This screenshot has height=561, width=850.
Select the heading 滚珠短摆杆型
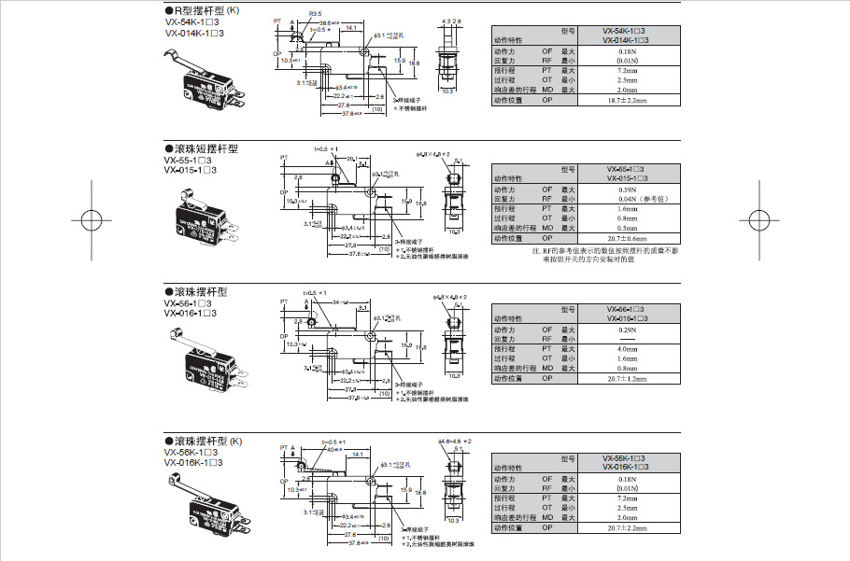pyautogui.click(x=201, y=148)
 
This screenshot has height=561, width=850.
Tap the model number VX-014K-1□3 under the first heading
pyautogui.click(x=193, y=33)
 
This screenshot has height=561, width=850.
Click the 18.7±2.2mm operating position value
pyautogui.click(x=627, y=100)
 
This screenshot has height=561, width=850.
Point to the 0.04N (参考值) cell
pyautogui.click(x=627, y=199)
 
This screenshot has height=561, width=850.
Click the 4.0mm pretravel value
pyautogui.click(x=627, y=349)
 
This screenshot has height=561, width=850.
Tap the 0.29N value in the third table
pyautogui.click(x=627, y=330)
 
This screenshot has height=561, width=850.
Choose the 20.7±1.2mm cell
pyautogui.click(x=627, y=378)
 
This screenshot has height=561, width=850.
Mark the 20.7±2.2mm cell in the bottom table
pyautogui.click(x=627, y=528)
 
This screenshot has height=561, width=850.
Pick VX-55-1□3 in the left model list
pyautogui.click(x=189, y=160)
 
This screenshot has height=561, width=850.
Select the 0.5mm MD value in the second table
pyautogui.click(x=627, y=228)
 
